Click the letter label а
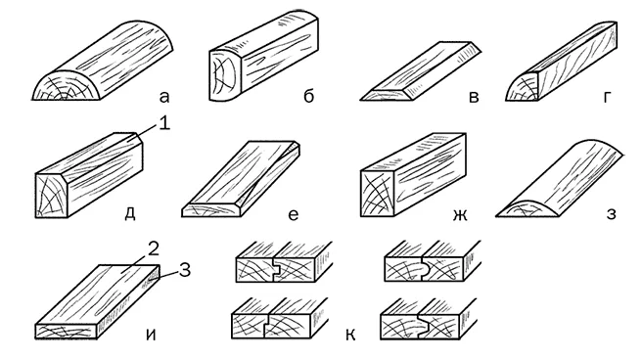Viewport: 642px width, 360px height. pyautogui.click(x=163, y=97)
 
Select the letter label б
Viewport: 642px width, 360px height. pyautogui.click(x=308, y=95)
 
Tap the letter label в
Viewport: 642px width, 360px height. pyautogui.click(x=474, y=98)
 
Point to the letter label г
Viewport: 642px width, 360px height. pyautogui.click(x=607, y=98)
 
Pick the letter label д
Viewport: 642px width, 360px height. pyautogui.click(x=130, y=213)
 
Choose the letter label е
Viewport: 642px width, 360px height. pyautogui.click(x=294, y=214)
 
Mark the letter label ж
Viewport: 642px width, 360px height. pyautogui.click(x=460, y=214)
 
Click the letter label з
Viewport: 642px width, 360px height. pyautogui.click(x=611, y=214)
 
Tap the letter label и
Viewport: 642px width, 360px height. pyautogui.click(x=151, y=335)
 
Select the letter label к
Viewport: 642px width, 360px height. pyautogui.click(x=350, y=335)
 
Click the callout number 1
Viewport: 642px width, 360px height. pyautogui.click(x=163, y=123)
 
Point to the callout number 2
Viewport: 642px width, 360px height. pyautogui.click(x=153, y=249)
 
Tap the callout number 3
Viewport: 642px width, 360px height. pyautogui.click(x=185, y=270)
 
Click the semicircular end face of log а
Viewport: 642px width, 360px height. pyautogui.click(x=67, y=89)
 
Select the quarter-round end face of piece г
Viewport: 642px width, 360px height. pyautogui.click(x=524, y=88)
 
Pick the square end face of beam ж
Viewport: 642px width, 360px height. pyautogui.click(x=377, y=193)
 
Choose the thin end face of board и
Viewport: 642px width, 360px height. pyautogui.click(x=67, y=332)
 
